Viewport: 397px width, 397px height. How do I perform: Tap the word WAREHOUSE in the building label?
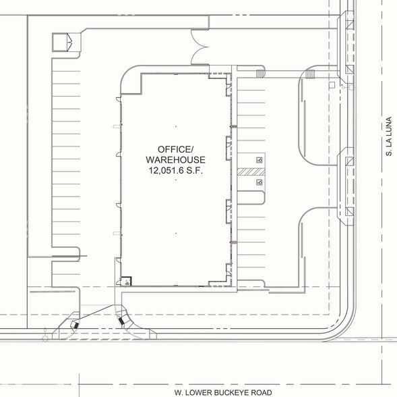coord(175,160)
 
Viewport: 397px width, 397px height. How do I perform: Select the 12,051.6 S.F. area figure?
coord(175,171)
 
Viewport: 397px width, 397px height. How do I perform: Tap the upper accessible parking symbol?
coord(259,161)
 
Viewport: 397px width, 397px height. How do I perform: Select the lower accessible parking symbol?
coord(259,182)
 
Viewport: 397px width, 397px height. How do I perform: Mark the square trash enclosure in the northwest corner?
coord(62,43)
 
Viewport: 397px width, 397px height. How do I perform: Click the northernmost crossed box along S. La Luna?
coord(348,24)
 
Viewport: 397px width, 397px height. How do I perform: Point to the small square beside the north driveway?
coord(332,84)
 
